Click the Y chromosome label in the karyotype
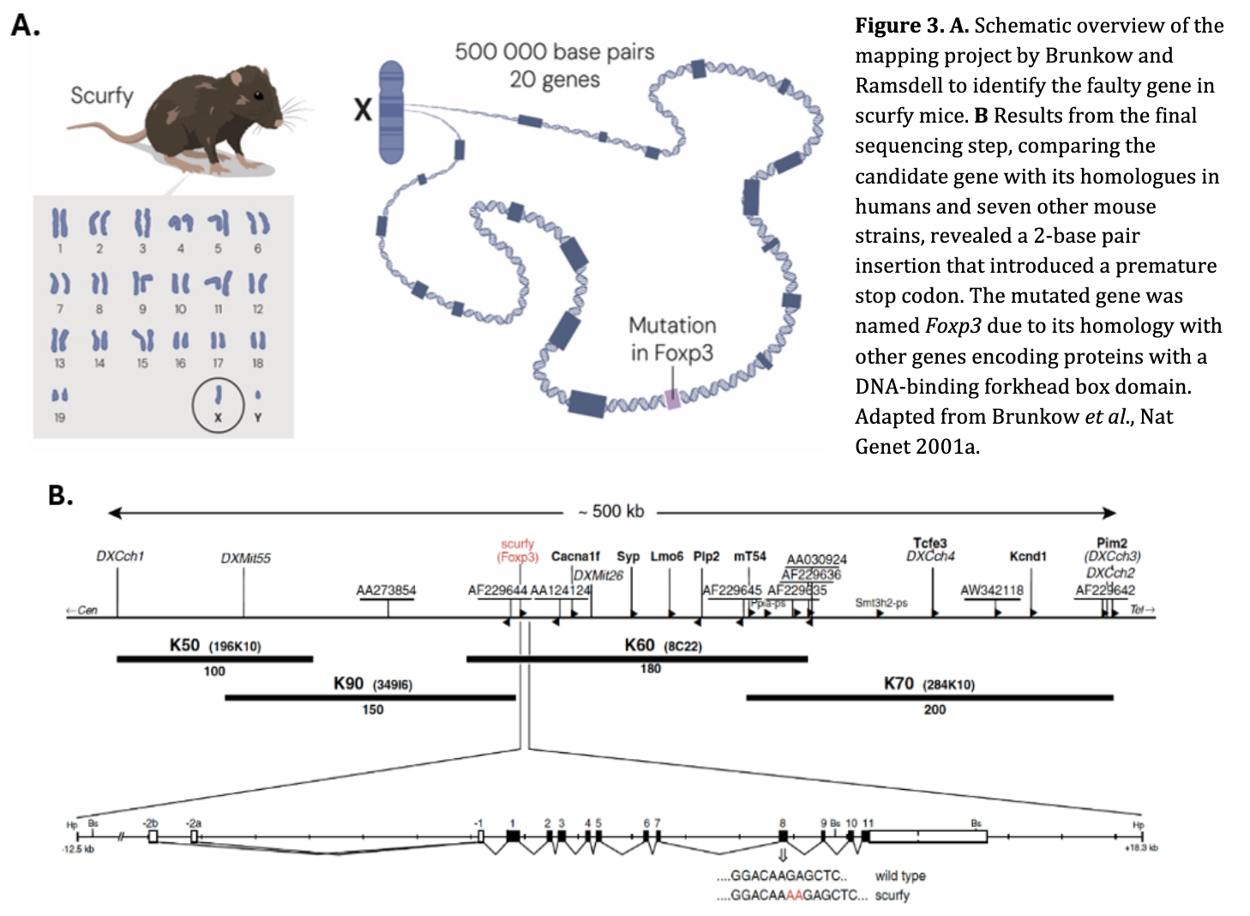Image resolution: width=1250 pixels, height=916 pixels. point(257,418)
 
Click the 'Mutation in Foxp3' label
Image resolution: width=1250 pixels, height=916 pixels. point(672,339)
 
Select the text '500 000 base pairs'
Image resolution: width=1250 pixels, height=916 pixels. point(554,51)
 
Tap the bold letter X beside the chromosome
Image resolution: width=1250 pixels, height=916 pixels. point(363,109)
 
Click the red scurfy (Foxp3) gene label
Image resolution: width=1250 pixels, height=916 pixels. point(517,551)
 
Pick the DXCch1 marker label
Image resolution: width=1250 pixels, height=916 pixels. point(120,556)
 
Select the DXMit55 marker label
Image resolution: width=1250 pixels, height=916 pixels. point(245,558)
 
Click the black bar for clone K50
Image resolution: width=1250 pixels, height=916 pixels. point(214,659)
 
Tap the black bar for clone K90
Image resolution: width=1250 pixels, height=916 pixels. point(370,697)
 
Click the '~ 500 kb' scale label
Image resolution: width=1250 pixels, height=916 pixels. point(611,512)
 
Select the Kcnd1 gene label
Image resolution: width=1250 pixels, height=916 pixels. point(1028,556)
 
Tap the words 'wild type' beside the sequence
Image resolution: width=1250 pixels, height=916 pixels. point(900,876)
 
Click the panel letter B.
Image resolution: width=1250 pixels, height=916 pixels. point(60,495)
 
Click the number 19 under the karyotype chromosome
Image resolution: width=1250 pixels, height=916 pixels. point(59,418)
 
